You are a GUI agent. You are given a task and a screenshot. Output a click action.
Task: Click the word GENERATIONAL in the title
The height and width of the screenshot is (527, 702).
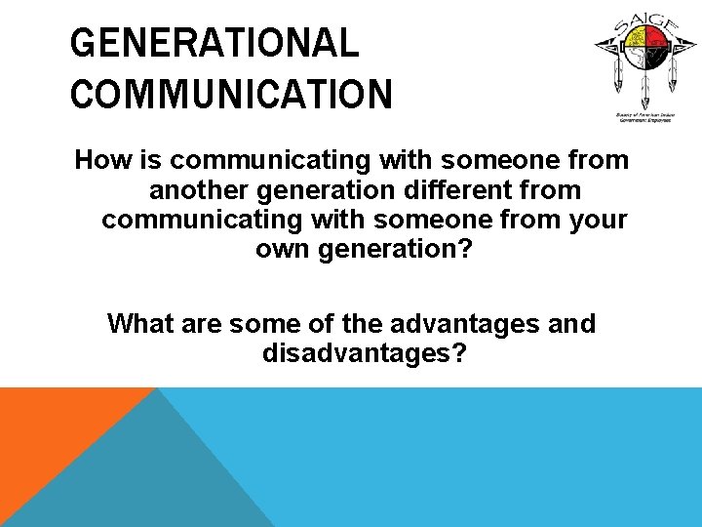click(214, 44)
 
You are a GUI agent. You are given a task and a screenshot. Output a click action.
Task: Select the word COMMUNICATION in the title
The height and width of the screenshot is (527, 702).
click(232, 95)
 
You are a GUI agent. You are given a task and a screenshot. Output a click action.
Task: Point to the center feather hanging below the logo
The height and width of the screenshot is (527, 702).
click(643, 93)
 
